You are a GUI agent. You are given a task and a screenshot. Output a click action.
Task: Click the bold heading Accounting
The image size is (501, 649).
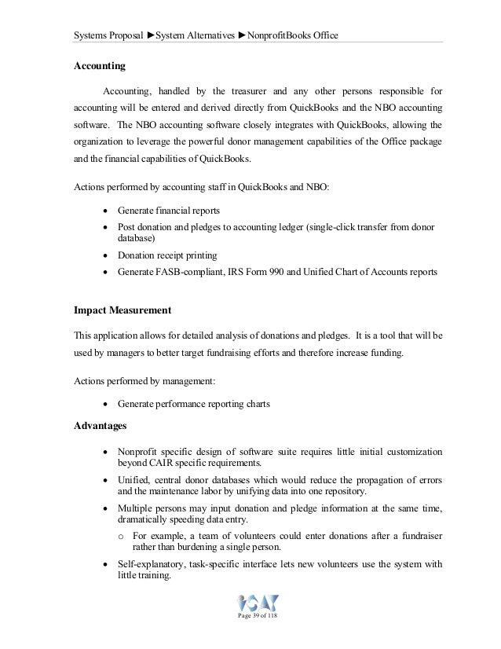[99, 66]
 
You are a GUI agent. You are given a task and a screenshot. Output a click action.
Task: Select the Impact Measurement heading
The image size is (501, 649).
[125, 309]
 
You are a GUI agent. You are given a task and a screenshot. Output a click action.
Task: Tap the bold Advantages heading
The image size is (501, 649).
[100, 426]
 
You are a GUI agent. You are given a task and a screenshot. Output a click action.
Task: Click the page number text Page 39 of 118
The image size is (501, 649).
[257, 624]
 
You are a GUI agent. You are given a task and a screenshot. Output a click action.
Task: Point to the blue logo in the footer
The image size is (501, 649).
[258, 606]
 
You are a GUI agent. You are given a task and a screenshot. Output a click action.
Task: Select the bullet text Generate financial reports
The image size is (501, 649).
[168, 211]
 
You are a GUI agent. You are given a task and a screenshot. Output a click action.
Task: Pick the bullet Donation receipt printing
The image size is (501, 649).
[167, 255]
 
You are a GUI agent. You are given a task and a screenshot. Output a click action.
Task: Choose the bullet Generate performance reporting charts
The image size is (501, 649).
[193, 404]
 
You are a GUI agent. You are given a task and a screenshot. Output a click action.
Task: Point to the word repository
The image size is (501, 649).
[342, 491]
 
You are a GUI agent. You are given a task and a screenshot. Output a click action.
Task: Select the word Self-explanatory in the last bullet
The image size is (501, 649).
[152, 564]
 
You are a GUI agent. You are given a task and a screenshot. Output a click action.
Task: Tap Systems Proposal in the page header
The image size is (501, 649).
[107, 35]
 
